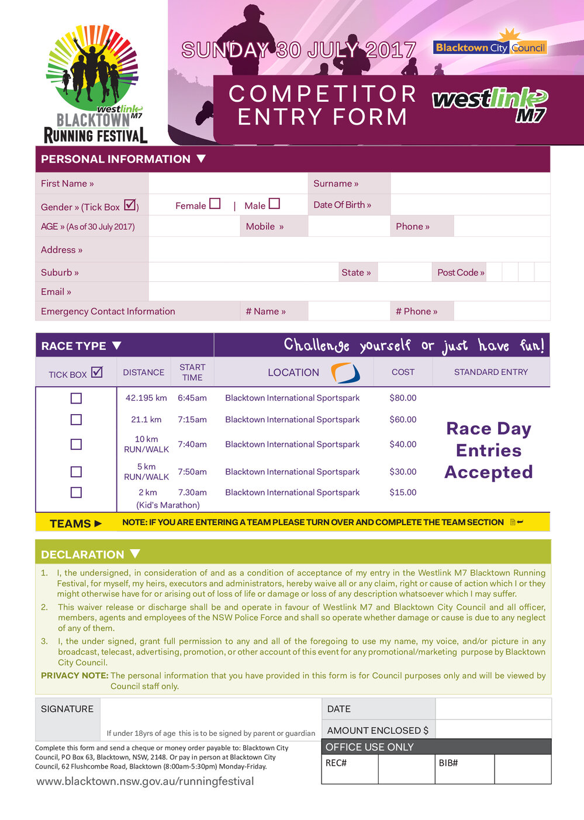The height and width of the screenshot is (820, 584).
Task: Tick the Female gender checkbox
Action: [215, 204]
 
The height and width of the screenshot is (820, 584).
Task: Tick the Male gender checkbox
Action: [274, 204]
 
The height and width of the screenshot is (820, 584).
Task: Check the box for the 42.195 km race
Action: [76, 398]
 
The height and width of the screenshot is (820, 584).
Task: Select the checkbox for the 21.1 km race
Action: [76, 420]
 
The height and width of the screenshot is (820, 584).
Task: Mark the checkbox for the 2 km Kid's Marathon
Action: [76, 492]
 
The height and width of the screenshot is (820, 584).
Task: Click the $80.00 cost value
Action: [403, 398]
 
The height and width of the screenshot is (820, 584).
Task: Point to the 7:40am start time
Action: [192, 445]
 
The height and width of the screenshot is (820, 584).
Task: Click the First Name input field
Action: [228, 183]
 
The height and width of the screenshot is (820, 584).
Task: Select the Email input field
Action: [349, 292]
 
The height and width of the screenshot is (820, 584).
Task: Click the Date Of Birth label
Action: [342, 205]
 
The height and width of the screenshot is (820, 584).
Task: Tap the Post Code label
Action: [461, 273]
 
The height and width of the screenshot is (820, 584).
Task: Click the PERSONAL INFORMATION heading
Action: [116, 159]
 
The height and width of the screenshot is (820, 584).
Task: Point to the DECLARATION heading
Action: [82, 554]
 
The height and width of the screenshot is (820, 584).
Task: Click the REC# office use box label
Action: [336, 763]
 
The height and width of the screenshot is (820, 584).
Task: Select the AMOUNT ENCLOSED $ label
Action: [378, 731]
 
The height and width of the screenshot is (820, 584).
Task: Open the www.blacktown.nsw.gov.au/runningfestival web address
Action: [145, 781]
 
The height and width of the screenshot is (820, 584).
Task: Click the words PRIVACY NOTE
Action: [74, 676]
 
